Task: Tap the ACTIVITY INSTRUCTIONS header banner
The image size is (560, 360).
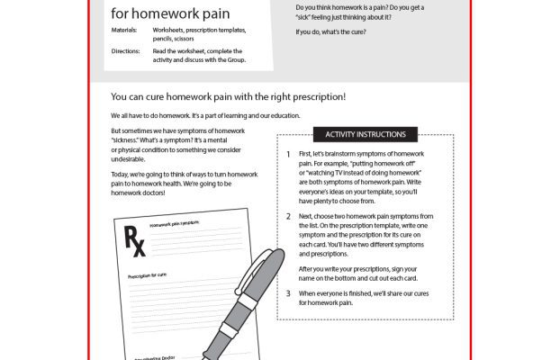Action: (365, 135)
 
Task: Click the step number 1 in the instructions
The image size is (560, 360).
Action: (287, 154)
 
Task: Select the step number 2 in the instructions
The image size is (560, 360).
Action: (287, 217)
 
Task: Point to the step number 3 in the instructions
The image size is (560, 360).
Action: (287, 293)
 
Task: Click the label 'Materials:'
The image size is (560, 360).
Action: (126, 30)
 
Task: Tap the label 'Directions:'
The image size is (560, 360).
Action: (127, 51)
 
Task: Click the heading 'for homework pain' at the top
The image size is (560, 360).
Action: (169, 13)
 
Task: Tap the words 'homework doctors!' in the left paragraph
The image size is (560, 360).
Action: (146, 192)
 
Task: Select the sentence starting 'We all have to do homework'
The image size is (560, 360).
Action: (193, 116)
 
